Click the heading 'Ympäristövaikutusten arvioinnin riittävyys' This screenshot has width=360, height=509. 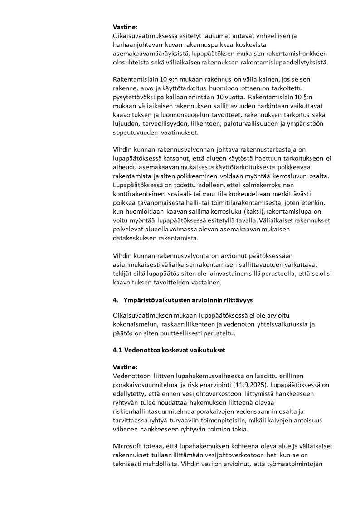click(x=188, y=300)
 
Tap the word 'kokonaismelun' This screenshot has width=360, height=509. click(x=134, y=324)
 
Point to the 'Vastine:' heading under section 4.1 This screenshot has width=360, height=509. click(x=125, y=367)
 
